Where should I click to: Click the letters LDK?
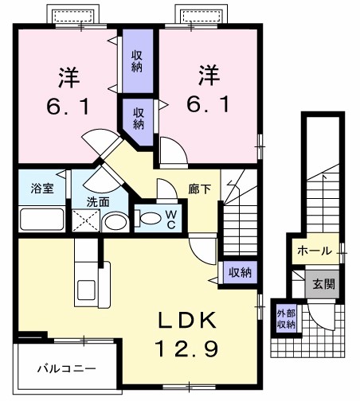187,319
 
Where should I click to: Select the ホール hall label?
314,251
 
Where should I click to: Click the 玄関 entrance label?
323,283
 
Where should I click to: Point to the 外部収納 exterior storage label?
286,317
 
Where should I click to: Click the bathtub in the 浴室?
41,219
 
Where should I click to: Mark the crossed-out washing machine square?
84,221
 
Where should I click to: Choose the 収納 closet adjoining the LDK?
240,272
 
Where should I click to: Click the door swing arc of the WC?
166,190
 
